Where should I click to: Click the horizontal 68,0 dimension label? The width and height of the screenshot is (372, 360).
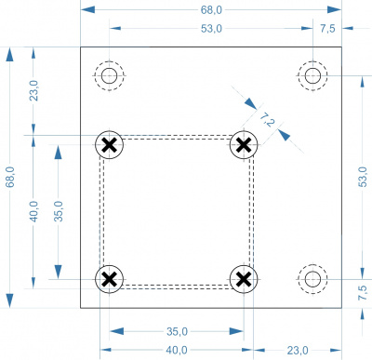(x=211, y=10)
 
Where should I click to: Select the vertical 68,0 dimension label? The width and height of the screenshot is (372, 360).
(x=10, y=177)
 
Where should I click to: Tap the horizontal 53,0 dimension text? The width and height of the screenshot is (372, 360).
(x=211, y=29)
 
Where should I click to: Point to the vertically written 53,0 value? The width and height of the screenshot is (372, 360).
(x=363, y=177)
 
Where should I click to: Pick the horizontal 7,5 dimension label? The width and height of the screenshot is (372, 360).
(x=327, y=29)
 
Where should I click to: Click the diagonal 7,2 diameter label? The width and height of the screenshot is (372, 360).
(x=267, y=120)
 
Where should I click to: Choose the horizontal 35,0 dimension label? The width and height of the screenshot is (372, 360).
(x=177, y=331)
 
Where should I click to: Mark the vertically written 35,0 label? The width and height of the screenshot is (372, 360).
(x=59, y=211)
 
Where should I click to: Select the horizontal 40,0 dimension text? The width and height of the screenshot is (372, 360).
(x=177, y=351)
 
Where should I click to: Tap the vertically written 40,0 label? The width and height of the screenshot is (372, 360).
(x=33, y=211)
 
